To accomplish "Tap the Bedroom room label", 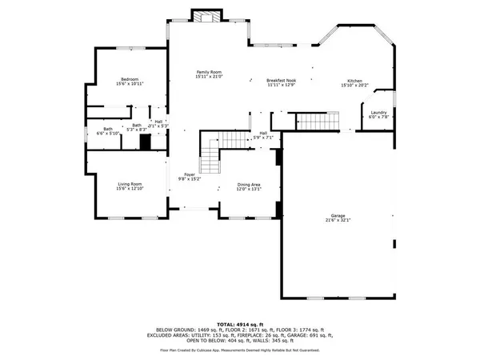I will pyautogui.click(x=130, y=78).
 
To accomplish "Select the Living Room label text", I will pyautogui.click(x=130, y=184).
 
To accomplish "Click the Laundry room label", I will pyautogui.click(x=380, y=113).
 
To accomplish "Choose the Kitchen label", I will pyautogui.click(x=354, y=82).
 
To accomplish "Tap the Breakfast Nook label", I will pyautogui.click(x=282, y=81).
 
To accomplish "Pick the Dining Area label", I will pyautogui.click(x=248, y=185).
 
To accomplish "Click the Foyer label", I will pyautogui.click(x=190, y=174).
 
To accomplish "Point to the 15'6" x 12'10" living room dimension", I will pyautogui.click(x=130, y=189).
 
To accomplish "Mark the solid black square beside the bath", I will pyautogui.click(x=145, y=142).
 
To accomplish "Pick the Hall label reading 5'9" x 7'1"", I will pyautogui.click(x=263, y=136).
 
